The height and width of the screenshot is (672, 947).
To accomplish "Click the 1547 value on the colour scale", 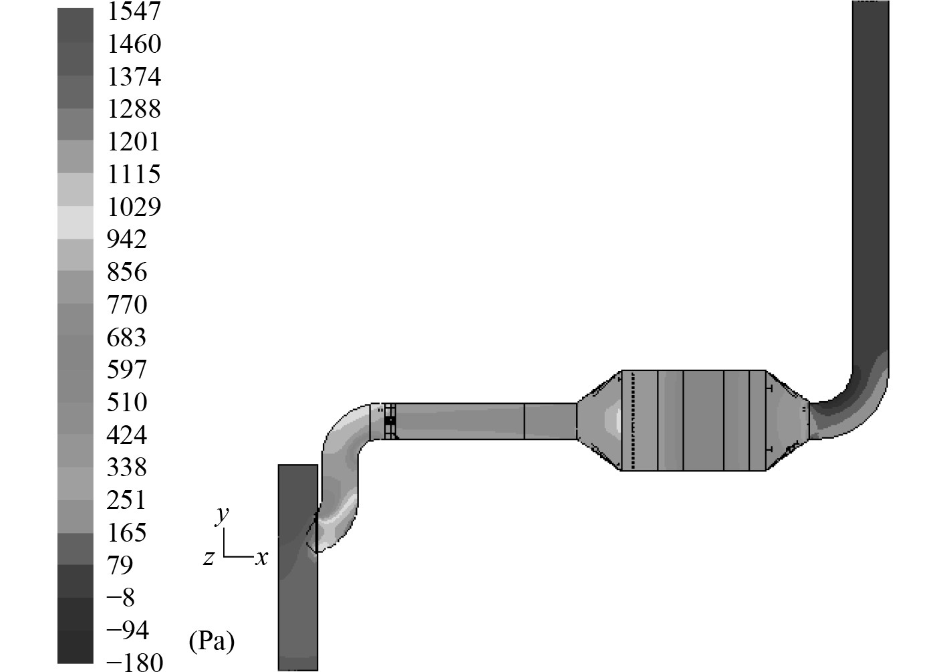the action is tap(134, 11).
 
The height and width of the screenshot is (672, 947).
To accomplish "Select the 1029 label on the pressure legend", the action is tap(134, 207).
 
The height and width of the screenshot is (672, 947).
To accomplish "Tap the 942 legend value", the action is tap(127, 239).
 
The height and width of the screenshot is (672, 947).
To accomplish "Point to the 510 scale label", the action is tap(127, 402).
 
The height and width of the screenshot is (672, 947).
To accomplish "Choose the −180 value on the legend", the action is tap(135, 662).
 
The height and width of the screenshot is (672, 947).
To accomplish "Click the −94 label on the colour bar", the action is tap(128, 630).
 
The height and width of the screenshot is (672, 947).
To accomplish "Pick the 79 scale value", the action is tap(120, 565).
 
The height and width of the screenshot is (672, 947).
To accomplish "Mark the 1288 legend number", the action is tap(134, 109).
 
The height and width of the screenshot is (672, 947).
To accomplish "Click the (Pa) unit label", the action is tap(211, 641).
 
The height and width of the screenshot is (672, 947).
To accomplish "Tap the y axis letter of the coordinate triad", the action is tap(221, 516).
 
